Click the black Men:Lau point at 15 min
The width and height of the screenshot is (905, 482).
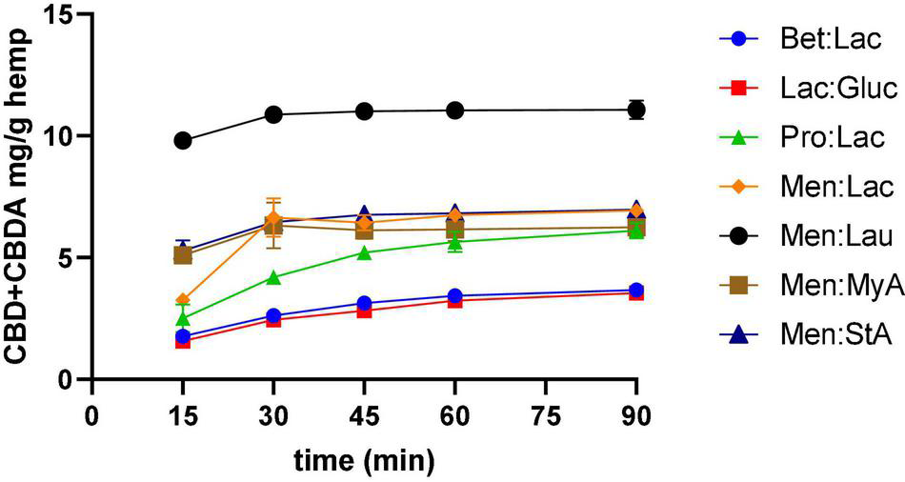click(183, 140)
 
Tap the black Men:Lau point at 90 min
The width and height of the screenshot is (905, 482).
click(636, 110)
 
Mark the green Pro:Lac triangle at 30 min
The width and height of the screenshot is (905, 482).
click(273, 277)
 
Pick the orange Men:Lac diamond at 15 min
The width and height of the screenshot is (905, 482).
click(183, 300)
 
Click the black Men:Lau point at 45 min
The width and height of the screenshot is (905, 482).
click(364, 110)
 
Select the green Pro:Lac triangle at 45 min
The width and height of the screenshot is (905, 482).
click(364, 252)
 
